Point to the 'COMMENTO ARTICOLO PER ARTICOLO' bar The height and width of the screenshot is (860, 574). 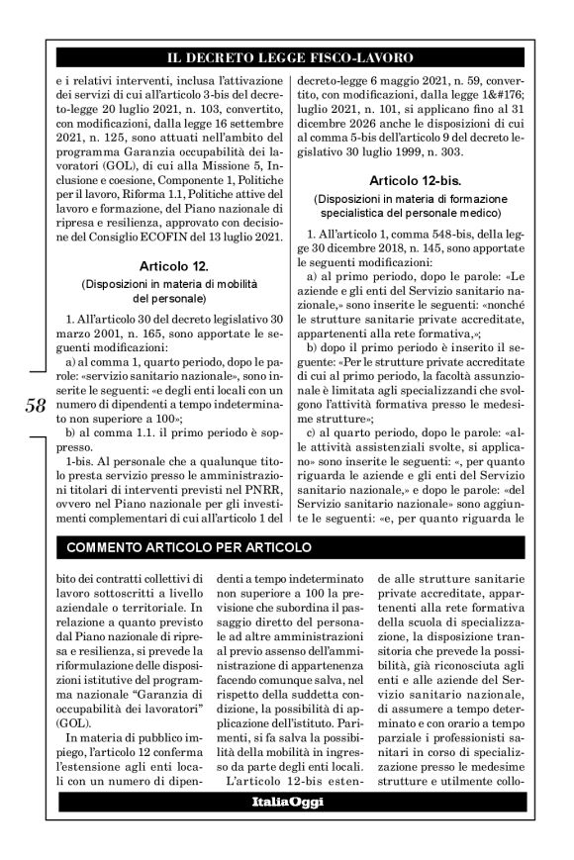189,547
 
